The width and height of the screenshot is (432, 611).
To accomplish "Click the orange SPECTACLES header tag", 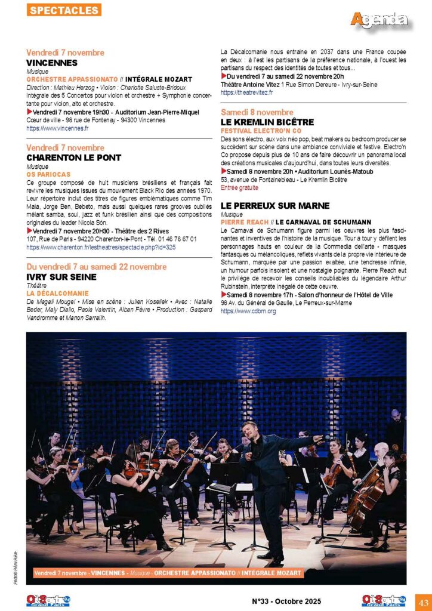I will click(64, 10).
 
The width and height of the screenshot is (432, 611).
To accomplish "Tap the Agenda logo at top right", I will click(379, 19).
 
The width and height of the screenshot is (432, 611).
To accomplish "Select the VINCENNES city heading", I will click(52, 63).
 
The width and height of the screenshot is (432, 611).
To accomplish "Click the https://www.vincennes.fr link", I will click(57, 128).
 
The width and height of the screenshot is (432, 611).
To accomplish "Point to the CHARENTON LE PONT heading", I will click(73, 158).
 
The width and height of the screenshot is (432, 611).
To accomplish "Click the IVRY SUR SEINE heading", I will click(61, 277).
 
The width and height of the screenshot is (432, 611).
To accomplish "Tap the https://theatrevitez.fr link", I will click(246, 92).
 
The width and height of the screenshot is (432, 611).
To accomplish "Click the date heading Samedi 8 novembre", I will click(257, 112).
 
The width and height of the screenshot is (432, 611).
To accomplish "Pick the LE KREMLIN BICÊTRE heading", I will click(267, 122).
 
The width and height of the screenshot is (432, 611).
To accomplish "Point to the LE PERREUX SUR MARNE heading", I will click(275, 205).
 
